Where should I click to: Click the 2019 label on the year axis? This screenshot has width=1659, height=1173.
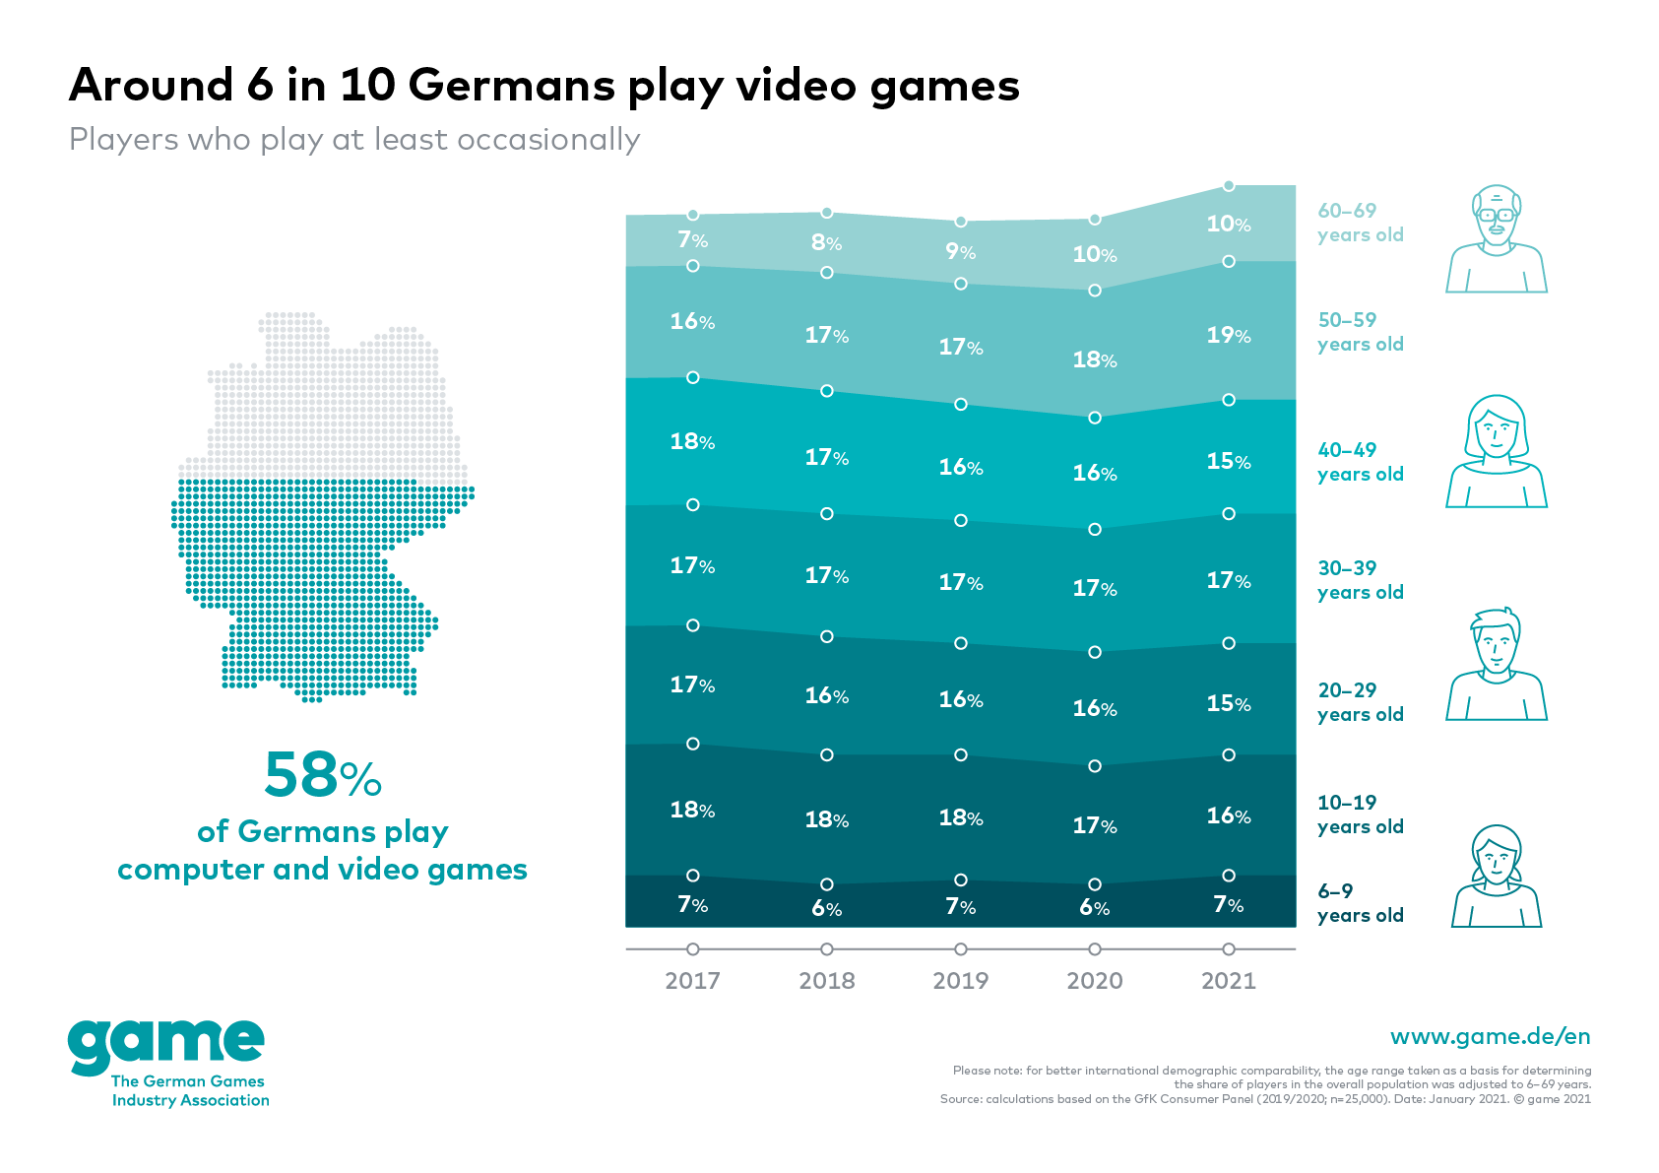(960, 980)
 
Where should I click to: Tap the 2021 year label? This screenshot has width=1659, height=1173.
(1228, 980)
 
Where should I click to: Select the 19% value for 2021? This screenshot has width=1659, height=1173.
(1228, 335)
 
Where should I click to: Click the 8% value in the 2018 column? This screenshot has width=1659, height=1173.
(826, 242)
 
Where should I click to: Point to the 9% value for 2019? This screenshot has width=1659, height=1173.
(960, 251)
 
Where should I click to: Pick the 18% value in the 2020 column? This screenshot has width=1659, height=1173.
(1094, 359)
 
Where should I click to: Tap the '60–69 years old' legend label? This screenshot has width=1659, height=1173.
(1360, 223)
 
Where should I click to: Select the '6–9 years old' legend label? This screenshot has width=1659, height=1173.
(1360, 903)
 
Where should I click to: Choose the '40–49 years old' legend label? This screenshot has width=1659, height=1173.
(1360, 462)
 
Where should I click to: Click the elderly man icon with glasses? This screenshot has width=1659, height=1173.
(1496, 238)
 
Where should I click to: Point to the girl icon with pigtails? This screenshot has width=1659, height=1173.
(1496, 877)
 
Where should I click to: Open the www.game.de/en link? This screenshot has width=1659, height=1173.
(1490, 1036)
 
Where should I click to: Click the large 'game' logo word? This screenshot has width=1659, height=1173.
(166, 1046)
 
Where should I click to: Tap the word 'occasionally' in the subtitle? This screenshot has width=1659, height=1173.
(548, 140)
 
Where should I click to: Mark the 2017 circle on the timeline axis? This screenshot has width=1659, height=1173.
(693, 949)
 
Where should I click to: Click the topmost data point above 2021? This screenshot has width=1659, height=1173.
(1228, 186)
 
